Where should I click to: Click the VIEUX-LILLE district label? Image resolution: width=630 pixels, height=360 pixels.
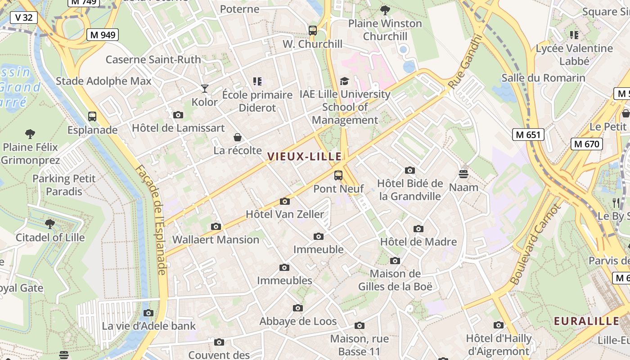[x=305, y=157]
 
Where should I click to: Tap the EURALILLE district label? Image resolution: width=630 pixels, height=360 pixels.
[x=586, y=321]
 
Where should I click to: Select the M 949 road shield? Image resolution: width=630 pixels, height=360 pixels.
[x=103, y=35]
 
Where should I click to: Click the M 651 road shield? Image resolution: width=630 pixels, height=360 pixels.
[x=528, y=134]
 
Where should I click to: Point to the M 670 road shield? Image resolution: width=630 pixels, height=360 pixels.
[x=587, y=144]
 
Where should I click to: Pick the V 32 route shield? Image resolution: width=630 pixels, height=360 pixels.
[x=24, y=18]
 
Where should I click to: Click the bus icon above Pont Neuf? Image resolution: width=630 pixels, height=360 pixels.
[x=338, y=175]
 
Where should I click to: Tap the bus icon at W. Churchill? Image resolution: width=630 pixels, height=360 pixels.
[x=313, y=31]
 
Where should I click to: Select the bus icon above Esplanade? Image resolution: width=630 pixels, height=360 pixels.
[x=92, y=117]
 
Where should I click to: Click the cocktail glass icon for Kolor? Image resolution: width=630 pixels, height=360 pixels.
[x=205, y=89]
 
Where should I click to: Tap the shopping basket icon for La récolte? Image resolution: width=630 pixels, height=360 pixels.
[x=238, y=137]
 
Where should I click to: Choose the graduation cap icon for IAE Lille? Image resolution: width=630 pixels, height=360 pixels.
[x=344, y=81]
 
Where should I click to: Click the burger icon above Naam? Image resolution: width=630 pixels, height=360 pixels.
[x=463, y=174]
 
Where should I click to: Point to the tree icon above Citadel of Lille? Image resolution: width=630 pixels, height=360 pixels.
[x=50, y=224]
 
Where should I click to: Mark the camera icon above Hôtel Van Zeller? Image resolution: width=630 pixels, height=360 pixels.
[x=284, y=201]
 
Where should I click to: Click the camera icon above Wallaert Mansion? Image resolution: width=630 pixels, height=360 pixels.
[x=216, y=226]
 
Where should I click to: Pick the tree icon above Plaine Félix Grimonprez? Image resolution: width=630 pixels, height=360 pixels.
[x=30, y=134]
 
